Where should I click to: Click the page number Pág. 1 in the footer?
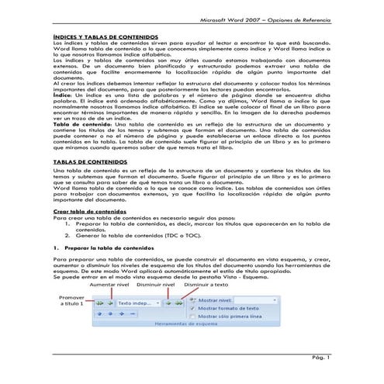coord(323,358)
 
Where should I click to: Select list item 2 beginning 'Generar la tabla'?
coord(131,254)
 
